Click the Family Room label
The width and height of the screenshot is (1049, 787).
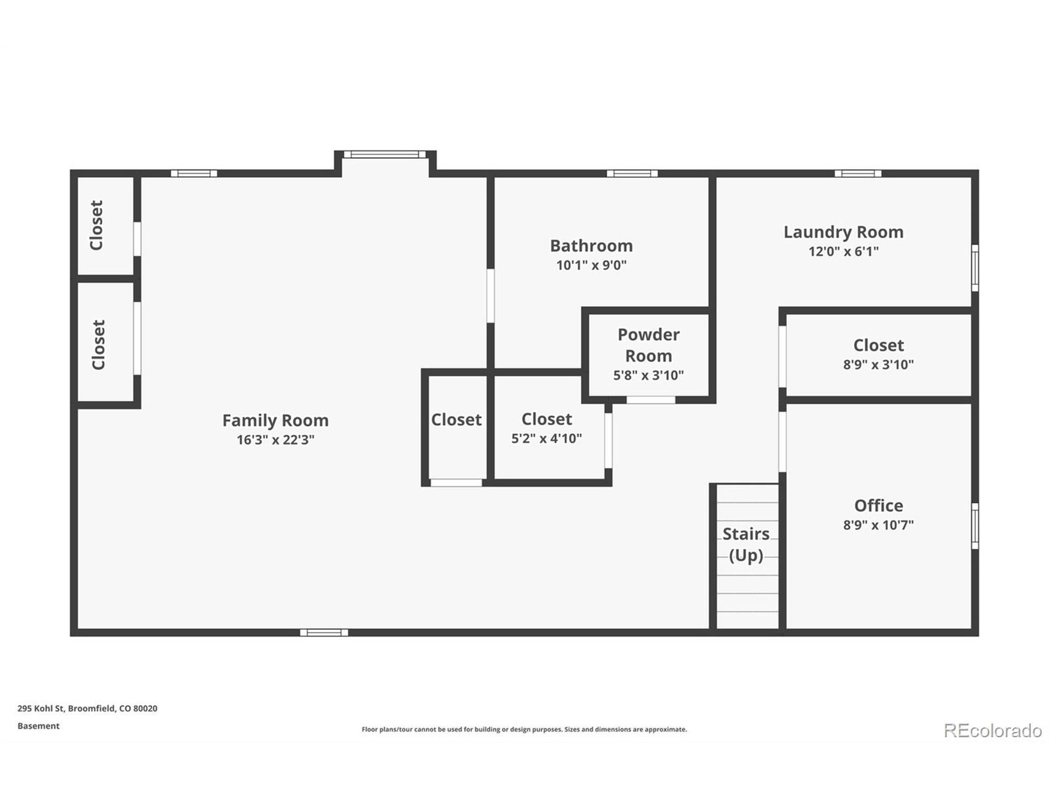pos(275,420)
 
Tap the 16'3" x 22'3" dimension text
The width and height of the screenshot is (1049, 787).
pos(275,440)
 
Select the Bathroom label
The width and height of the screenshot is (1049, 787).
pos(591,246)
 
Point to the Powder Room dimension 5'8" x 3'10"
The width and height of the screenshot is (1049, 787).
pos(648,375)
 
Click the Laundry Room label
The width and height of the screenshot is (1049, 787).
pos(843,232)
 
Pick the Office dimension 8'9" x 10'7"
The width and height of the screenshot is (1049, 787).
pos(878,525)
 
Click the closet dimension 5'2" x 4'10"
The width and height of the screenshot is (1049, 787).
pos(546,438)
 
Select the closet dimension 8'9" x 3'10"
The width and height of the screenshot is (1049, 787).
pos(878,364)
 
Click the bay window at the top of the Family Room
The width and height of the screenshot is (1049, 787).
pos(385,154)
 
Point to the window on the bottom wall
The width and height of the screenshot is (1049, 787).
pos(324,632)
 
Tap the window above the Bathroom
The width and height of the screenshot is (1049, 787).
pos(632,173)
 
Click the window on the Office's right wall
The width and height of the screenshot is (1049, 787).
pos(975,526)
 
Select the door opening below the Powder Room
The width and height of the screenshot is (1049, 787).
pos(651,400)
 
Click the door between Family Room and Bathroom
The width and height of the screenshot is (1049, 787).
pos(490,296)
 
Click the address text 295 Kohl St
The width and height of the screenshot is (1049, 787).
pos(87,708)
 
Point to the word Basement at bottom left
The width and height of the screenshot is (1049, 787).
pos(39,726)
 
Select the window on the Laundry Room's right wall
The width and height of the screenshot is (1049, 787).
pos(975,268)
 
